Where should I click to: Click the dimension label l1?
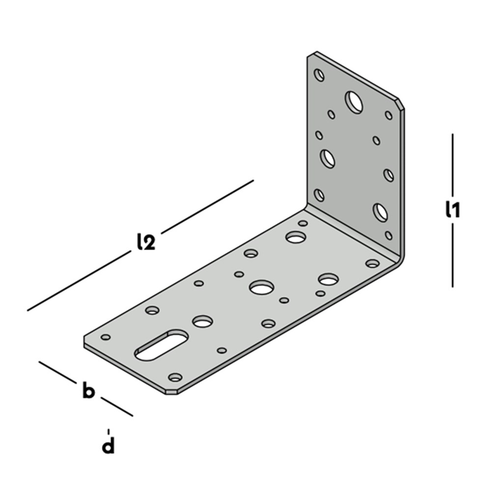(x=452, y=209)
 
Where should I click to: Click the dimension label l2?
(x=146, y=242)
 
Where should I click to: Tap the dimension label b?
(x=88, y=390)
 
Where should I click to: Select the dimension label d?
(x=108, y=445)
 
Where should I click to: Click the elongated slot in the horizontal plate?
(x=162, y=345)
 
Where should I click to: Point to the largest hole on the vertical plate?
(x=354, y=102)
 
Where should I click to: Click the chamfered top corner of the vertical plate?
(x=401, y=104)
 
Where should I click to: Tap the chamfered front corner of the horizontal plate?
(x=172, y=392)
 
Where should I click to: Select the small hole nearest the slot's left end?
(x=106, y=337)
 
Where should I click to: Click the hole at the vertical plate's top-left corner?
(x=319, y=75)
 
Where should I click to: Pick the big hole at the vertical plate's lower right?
(x=381, y=212)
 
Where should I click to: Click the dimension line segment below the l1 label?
(x=452, y=255)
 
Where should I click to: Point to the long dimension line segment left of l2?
(x=79, y=281)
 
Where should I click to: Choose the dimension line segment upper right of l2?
(x=208, y=207)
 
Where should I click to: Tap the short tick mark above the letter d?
(x=108, y=432)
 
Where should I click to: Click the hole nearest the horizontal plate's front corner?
(x=175, y=377)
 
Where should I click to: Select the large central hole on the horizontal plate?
(x=261, y=287)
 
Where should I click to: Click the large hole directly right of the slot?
(x=203, y=321)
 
